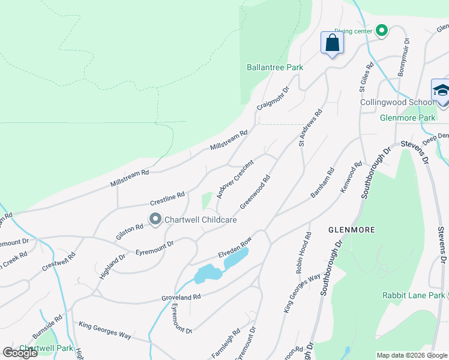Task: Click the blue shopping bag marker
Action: tap(331, 43)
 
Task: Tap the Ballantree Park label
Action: tap(275, 68)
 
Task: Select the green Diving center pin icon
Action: tap(381, 31)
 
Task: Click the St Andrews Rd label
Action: tap(310, 127)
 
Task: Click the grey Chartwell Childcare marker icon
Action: tap(155, 220)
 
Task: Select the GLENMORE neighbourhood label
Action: tap(351, 230)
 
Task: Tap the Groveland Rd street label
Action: tap(180, 297)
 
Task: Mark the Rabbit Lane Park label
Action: tap(414, 295)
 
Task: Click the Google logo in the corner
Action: tap(20, 353)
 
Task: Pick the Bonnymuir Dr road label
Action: tap(403, 58)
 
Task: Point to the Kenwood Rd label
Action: tap(351, 178)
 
